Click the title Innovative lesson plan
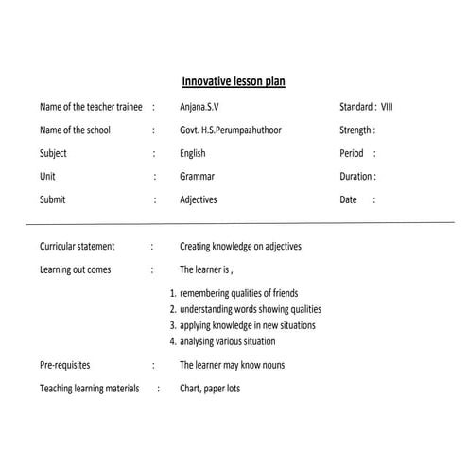[x=234, y=82]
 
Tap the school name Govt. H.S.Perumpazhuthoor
[x=230, y=130]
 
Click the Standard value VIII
[x=388, y=107]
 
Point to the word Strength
[x=355, y=130]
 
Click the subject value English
[x=193, y=153]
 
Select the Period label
[x=351, y=153]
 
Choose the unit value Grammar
[x=197, y=176]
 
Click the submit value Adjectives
[x=199, y=199]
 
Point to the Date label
[x=349, y=199]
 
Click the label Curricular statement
[x=77, y=246]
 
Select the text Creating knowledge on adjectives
[x=240, y=246]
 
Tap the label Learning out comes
[x=75, y=269]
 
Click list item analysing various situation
[x=227, y=341]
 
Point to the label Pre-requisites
[x=67, y=365]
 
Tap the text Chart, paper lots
[x=210, y=388]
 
